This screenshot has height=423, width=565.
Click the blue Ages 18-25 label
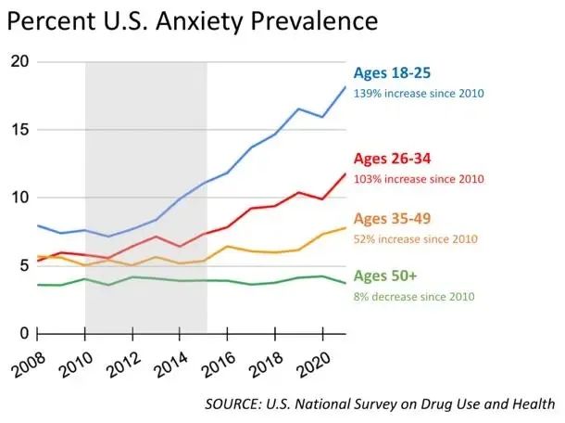pyautogui.click(x=393, y=73)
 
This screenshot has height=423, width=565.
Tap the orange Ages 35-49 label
pyautogui.click(x=393, y=220)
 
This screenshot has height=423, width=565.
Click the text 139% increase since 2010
pyautogui.click(x=419, y=93)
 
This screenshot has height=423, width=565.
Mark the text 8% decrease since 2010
pyautogui.click(x=414, y=296)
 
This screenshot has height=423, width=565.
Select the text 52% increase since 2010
pyautogui.click(x=416, y=239)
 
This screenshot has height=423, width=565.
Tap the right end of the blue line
pyautogui.click(x=345, y=86)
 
